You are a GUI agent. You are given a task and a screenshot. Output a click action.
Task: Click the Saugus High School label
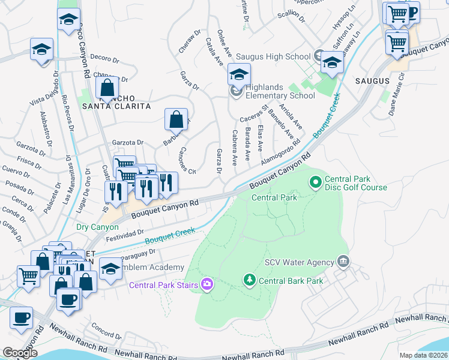coord(273,56)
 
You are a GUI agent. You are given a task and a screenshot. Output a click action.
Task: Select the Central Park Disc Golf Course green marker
coord(315,180)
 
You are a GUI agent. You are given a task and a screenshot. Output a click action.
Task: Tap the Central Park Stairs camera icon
coord(207,284)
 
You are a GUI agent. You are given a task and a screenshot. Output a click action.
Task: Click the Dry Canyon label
coord(97,227)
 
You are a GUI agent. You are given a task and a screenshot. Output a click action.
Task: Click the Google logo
coord(20,352)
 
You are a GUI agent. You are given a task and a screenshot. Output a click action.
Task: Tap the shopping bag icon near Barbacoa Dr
coord(176,120)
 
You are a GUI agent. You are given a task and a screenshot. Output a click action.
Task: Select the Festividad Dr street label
coord(124,233)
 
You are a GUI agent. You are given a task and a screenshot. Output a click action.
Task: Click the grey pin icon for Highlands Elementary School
coord(235,92)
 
